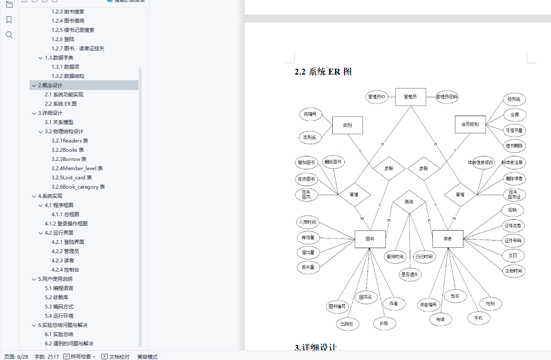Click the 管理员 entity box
coord(410,97)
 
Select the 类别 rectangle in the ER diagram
coord(347,125)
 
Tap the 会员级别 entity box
coord(470,124)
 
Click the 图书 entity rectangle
coord(370,239)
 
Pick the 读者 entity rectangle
coord(448,239)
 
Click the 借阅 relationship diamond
coord(409,202)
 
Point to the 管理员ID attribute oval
coord(376,97)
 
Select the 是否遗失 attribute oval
coord(410,275)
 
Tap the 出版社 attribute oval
coord(347,324)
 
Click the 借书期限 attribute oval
coord(514,146)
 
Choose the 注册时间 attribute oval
coord(513,271)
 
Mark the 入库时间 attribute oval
coord(307,222)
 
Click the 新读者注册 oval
coord(514,163)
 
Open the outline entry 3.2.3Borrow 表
coord(69,159)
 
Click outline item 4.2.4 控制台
coord(65,270)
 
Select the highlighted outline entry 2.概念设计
coord(50,85)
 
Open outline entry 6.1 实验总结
coord(59,334)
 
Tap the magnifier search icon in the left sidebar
coord(9,35)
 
